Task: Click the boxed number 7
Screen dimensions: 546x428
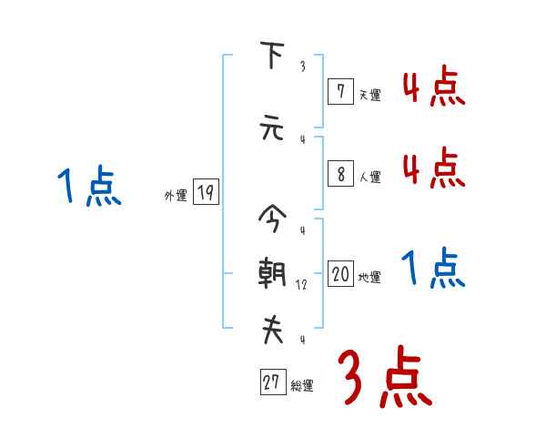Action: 339,91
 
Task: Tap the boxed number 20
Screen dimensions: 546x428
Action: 340,274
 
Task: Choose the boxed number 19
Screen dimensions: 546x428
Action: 206,192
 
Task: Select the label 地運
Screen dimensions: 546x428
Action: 369,277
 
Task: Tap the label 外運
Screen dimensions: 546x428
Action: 176,195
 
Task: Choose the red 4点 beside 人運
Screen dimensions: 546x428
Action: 434,168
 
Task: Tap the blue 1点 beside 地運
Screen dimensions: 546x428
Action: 434,269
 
